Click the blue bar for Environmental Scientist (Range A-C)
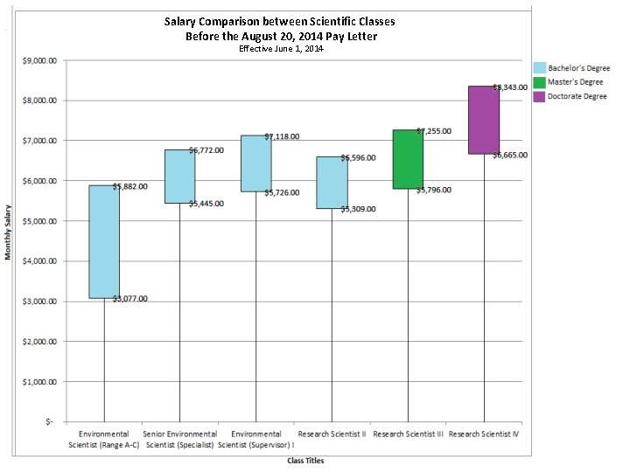[104, 241]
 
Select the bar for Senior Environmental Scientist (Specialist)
[180, 177]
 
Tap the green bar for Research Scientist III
[408, 159]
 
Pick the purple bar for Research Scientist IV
[484, 120]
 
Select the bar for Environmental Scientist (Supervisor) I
[256, 163]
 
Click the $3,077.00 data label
[129, 299]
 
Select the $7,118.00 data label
[282, 137]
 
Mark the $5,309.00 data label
[358, 209]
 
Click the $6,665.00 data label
[509, 155]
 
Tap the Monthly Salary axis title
[9, 232]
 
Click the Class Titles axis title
[305, 461]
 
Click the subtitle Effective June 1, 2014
[281, 49]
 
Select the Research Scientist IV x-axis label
[484, 434]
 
